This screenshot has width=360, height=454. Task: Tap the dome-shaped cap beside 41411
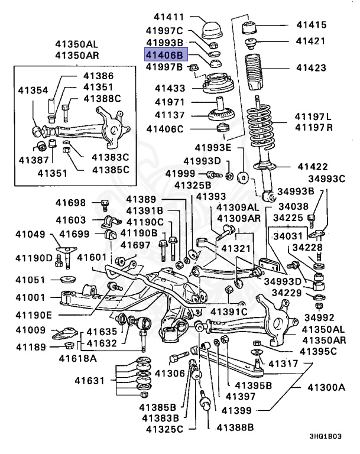tap(211, 28)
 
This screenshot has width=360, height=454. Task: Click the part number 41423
tap(312, 68)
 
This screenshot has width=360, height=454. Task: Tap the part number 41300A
tap(326, 387)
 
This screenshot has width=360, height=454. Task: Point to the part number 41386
tap(99, 76)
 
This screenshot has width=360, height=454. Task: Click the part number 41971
tap(170, 102)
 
